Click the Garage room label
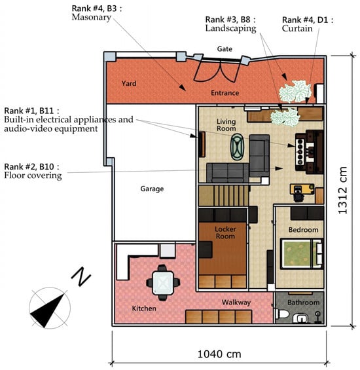coord(152,189)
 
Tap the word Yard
coord(129,83)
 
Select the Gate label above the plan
coord(225,49)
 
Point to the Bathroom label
coord(303,303)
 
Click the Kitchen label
coord(144,308)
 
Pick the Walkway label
coord(236,303)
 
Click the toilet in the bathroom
coord(282,314)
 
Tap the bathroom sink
coord(300,318)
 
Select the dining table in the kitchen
coord(163,283)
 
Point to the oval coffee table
coord(238,147)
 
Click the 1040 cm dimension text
coord(219,354)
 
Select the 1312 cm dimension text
coord(342,190)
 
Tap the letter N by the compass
coord(81,276)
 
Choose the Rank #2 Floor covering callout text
coord(33,171)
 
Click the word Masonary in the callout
coord(91,17)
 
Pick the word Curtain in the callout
coord(297,29)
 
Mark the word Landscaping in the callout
coord(230,28)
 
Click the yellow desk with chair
coord(302,192)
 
